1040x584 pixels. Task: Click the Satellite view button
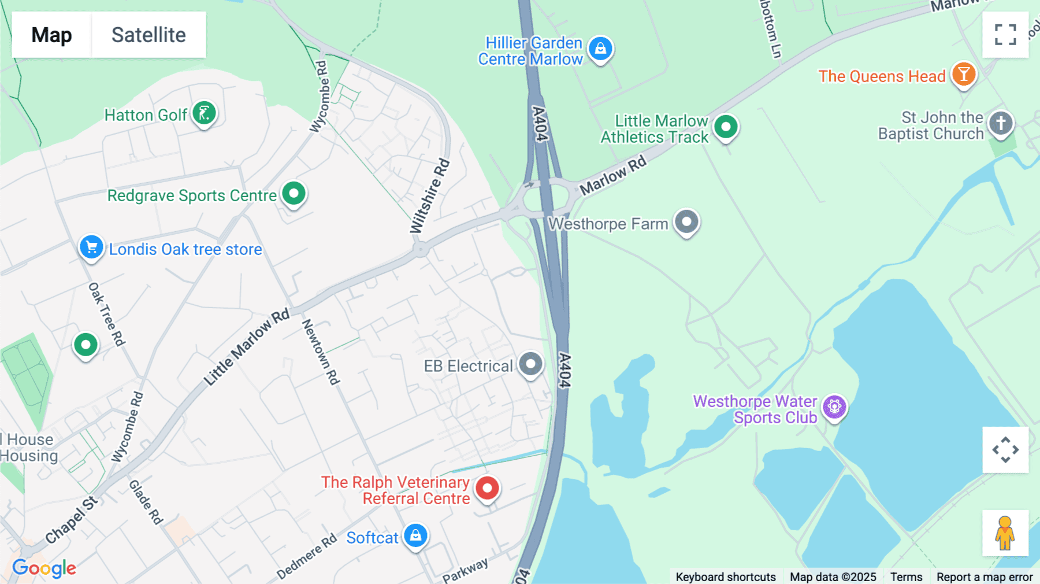[x=148, y=35]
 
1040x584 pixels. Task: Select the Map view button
[x=51, y=35]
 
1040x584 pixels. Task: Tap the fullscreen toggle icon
[x=1005, y=35]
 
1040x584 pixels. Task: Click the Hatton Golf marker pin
[x=204, y=113]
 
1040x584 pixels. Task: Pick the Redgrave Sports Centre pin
[x=294, y=193]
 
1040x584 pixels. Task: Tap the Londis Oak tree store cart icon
[x=91, y=247]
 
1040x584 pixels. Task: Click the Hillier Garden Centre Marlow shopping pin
[x=601, y=49]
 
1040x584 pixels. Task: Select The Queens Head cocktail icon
[x=964, y=75]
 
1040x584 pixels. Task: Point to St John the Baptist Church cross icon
[x=1001, y=123]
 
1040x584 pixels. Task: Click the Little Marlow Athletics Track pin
[x=726, y=127]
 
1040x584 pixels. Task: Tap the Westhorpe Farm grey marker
[x=686, y=222]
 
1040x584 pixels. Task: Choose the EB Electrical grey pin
[x=530, y=364]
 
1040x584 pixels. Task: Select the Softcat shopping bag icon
[x=415, y=536]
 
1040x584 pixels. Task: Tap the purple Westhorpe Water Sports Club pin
[x=834, y=407]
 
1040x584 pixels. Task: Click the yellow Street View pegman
[x=1005, y=533]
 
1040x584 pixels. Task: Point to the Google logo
[x=44, y=568]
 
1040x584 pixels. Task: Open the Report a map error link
[x=985, y=577]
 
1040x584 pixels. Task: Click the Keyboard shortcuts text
[x=726, y=577]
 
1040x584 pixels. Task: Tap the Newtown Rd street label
[x=321, y=352]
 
